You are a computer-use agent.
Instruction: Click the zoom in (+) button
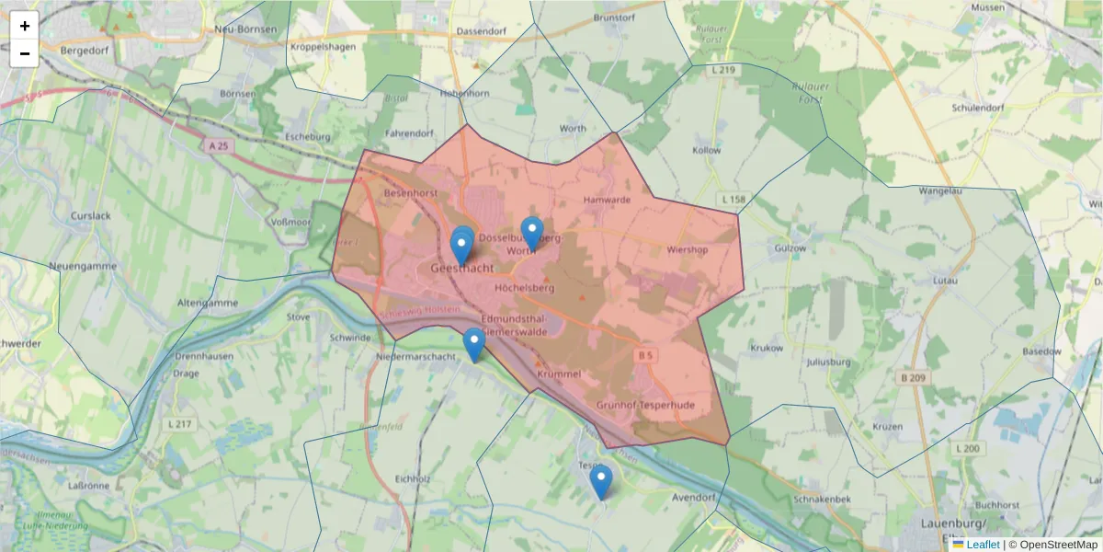click(x=24, y=26)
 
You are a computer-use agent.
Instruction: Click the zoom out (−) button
click(x=24, y=53)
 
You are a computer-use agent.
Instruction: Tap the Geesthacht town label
click(x=461, y=268)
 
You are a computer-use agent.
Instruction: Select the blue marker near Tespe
click(x=600, y=481)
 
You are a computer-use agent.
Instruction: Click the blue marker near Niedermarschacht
click(x=473, y=344)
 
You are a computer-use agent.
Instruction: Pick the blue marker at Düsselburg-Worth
click(x=531, y=233)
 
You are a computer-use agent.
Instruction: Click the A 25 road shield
click(x=218, y=146)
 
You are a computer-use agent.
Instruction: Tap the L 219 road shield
click(x=724, y=70)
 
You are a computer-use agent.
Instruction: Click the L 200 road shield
click(x=968, y=448)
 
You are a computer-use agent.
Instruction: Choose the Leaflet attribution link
click(x=983, y=545)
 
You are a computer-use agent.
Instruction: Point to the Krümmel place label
click(x=560, y=374)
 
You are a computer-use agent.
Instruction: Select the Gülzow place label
click(x=790, y=248)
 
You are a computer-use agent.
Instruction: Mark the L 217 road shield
click(x=179, y=423)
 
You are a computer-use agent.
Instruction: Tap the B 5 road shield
click(x=645, y=352)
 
